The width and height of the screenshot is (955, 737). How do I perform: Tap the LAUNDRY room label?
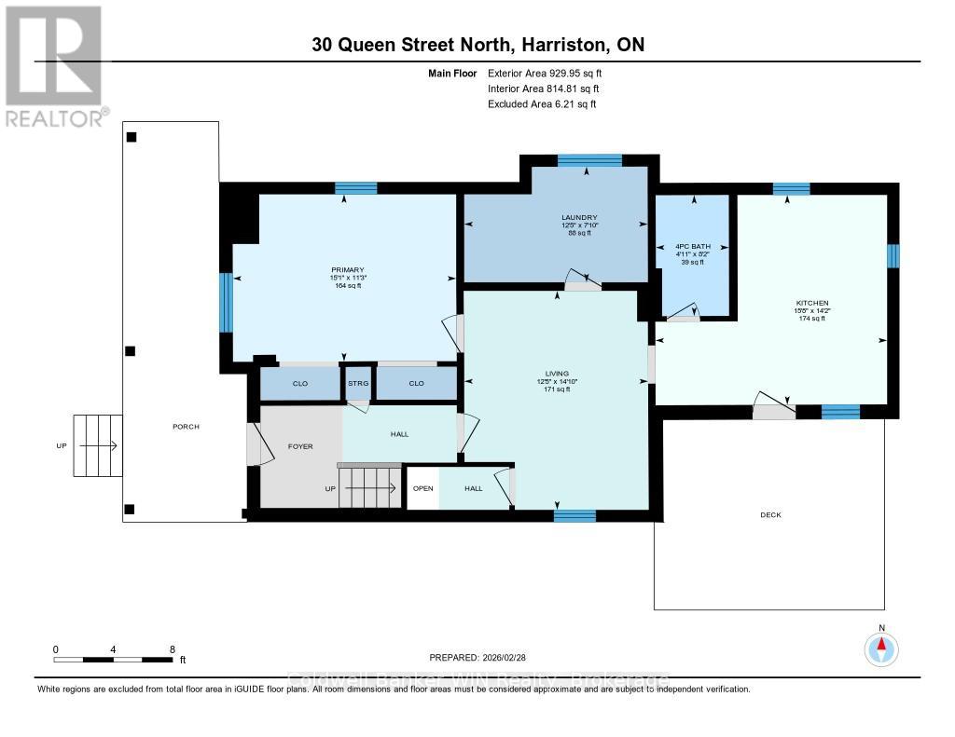click(x=573, y=218)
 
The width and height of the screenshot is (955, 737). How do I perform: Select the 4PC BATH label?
click(x=692, y=247)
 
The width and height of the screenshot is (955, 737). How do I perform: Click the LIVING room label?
click(x=558, y=374)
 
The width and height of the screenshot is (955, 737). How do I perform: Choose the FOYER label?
click(x=300, y=446)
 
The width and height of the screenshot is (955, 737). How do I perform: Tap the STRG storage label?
click(x=357, y=383)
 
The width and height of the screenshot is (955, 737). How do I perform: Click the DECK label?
click(x=770, y=514)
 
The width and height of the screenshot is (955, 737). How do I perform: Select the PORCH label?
click(x=187, y=427)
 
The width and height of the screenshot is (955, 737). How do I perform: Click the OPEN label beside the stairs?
click(x=423, y=488)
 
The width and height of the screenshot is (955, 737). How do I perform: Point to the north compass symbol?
click(x=881, y=647)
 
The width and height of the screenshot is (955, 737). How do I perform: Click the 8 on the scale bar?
click(x=172, y=648)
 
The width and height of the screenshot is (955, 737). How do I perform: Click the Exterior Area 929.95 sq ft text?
click(x=551, y=73)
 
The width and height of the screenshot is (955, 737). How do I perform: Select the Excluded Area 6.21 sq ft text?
click(x=542, y=104)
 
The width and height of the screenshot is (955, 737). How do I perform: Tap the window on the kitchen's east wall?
click(x=893, y=255)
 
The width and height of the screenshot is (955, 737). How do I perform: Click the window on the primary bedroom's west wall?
click(x=225, y=302)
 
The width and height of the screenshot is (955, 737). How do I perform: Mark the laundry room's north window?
click(x=589, y=160)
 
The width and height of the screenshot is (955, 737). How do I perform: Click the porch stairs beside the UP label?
click(x=98, y=445)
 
